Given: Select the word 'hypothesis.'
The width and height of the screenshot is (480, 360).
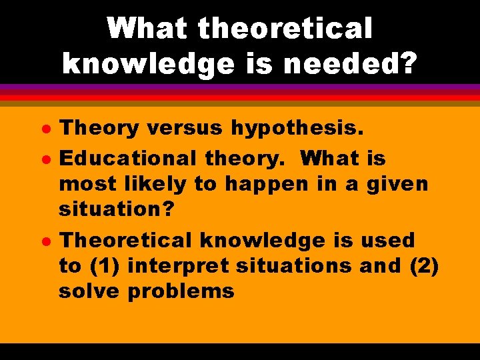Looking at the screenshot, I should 298,128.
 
